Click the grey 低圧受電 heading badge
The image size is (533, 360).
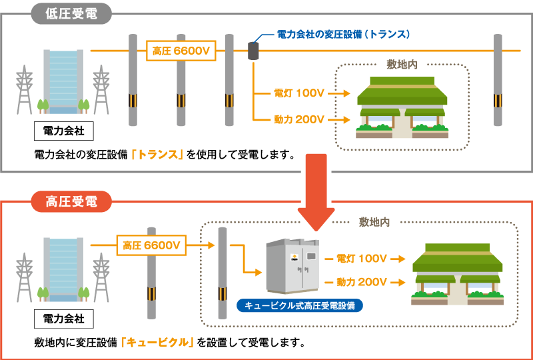(x=71, y=14)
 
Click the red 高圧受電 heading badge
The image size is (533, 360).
(x=71, y=201)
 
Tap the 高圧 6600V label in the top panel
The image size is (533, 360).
(x=181, y=51)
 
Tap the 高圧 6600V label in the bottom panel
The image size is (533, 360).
(x=151, y=245)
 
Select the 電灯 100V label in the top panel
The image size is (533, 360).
(x=299, y=93)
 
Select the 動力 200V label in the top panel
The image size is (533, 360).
(x=299, y=120)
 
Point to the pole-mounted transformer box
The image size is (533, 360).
(x=253, y=51)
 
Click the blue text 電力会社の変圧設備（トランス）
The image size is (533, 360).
(x=343, y=34)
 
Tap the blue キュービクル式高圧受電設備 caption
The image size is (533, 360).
(x=299, y=306)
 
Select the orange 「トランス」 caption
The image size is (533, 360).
(x=157, y=155)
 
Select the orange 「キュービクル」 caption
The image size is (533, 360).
(x=157, y=343)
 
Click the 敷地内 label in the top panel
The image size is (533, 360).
(x=402, y=65)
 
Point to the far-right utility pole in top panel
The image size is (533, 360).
(x=498, y=80)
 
